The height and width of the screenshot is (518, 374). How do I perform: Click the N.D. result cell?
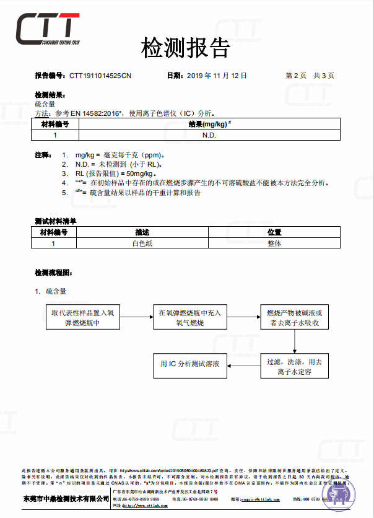tap(209, 134)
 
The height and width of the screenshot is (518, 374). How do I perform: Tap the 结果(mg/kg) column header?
tap(209, 125)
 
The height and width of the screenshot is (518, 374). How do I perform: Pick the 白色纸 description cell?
tap(142, 244)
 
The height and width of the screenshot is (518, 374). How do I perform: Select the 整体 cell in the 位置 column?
tap(274, 244)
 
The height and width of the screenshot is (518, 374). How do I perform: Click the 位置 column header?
tap(274, 232)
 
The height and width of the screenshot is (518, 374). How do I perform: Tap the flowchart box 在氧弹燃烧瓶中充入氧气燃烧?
tap(189, 318)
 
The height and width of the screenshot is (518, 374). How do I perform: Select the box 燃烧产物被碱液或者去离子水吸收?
tap(294, 318)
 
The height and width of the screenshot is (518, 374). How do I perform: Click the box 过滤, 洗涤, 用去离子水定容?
tap(294, 367)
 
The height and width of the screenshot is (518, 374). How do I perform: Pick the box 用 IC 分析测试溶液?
tap(189, 364)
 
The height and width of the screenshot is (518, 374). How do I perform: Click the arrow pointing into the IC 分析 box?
tap(243, 364)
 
